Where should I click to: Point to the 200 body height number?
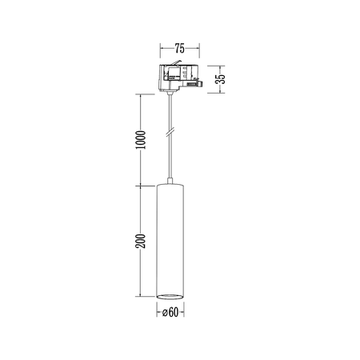[141, 242]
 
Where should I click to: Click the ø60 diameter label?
[170, 313]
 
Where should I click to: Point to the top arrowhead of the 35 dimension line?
[224, 66]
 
